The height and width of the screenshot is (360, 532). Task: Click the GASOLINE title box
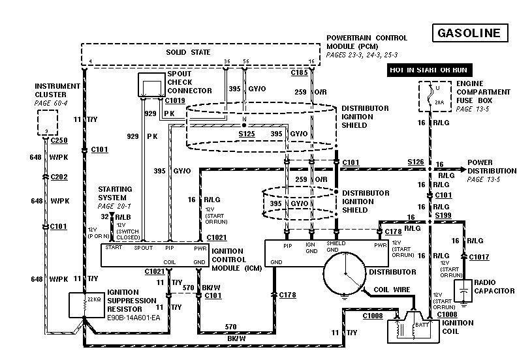click(x=469, y=33)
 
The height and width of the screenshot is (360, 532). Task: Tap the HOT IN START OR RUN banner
click(x=428, y=69)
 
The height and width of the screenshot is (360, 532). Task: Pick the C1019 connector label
click(x=174, y=101)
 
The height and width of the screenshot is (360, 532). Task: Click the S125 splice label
click(x=246, y=134)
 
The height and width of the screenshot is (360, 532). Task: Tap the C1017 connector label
click(x=479, y=257)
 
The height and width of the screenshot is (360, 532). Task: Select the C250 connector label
click(x=59, y=140)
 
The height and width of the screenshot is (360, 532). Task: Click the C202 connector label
click(x=59, y=177)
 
